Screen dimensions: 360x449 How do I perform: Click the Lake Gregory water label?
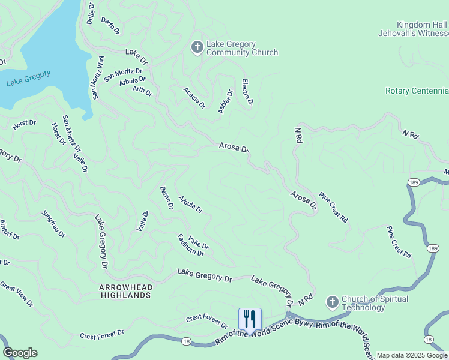28,78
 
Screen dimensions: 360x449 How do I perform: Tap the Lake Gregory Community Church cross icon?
197,47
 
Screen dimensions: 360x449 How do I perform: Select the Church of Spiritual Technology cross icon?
332,302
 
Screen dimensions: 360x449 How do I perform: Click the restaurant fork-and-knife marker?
250,319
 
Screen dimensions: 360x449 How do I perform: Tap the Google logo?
20,353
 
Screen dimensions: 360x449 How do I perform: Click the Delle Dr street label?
91,13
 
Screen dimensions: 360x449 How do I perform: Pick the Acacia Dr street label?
194,98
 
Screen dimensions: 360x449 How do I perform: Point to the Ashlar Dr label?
225,101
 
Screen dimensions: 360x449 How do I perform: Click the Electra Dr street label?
247,92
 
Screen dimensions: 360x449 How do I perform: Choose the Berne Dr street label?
166,197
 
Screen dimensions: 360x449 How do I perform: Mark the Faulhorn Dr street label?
191,245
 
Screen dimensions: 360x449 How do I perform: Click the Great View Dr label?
17,295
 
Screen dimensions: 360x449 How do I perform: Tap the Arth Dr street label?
142,91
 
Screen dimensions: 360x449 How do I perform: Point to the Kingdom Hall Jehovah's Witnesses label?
413,29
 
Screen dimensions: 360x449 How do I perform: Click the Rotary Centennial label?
417,91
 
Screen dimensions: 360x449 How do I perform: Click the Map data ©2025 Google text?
412,355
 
